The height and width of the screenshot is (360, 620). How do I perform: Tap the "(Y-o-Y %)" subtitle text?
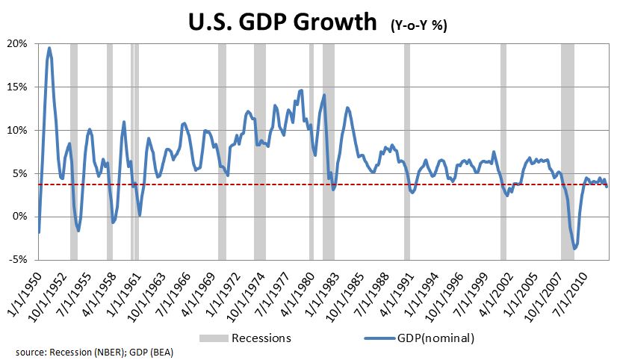click(x=418, y=25)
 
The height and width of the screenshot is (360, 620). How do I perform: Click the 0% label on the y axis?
click(x=20, y=217)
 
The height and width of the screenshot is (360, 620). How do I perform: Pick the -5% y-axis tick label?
click(x=19, y=260)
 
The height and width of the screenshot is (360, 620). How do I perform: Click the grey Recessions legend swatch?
click(x=214, y=338)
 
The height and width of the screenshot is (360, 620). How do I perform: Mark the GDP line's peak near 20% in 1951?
click(x=49, y=49)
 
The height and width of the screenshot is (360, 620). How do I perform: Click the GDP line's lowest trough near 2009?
click(x=574, y=248)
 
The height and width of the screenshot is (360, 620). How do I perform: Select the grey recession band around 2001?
click(x=503, y=149)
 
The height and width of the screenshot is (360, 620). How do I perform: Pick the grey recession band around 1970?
click(x=222, y=149)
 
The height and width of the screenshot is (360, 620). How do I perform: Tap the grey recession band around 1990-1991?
click(x=407, y=149)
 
